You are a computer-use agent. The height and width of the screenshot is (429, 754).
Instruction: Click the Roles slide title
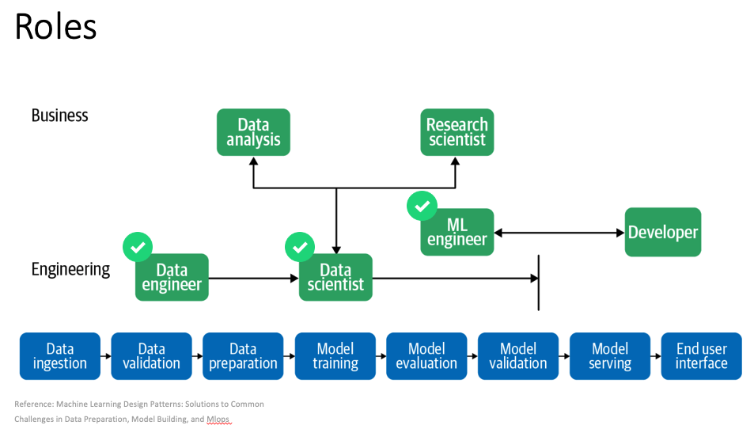pos(56,26)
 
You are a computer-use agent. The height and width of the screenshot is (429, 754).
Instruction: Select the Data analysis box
pos(253,132)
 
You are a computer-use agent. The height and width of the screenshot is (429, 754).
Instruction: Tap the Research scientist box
pos(457,132)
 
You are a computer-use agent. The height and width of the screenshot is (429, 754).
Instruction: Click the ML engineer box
pos(457,232)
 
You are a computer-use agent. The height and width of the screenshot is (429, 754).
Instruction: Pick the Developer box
pos(663,232)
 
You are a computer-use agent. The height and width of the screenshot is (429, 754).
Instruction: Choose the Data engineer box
pos(172,278)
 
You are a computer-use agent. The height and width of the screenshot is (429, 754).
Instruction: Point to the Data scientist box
pos(335,278)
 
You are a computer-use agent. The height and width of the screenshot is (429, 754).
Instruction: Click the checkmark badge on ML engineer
pos(422,206)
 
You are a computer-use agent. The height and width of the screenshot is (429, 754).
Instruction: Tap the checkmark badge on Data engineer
pos(138,247)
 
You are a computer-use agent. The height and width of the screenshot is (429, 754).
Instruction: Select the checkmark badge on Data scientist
pos(300,247)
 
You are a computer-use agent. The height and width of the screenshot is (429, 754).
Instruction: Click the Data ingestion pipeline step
pos(60,356)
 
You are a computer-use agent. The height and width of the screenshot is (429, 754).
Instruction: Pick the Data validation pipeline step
pos(151,356)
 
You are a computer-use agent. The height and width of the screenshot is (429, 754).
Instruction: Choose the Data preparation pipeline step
pos(243,356)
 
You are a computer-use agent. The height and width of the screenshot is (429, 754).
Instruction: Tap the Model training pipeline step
pos(335,356)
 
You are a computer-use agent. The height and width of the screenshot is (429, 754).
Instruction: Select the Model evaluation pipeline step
pos(426,356)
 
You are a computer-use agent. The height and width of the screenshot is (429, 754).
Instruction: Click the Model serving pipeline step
pos(610,356)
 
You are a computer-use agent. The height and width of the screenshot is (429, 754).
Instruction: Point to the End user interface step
pos(702,356)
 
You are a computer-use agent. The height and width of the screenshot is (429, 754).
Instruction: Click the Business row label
pos(59,116)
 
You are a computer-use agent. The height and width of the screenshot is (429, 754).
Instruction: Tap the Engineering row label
pos(70,269)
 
